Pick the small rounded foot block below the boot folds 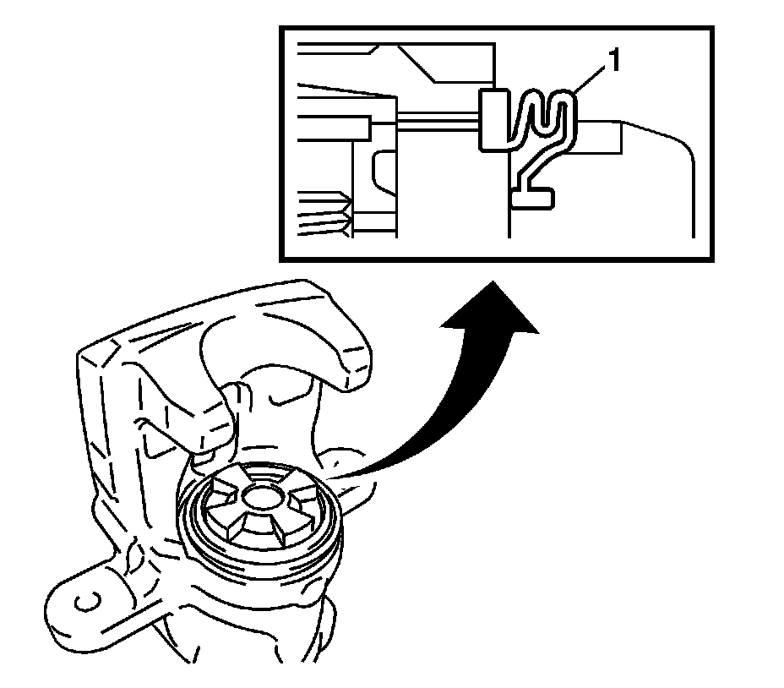click(532, 198)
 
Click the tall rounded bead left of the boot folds click(493, 118)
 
